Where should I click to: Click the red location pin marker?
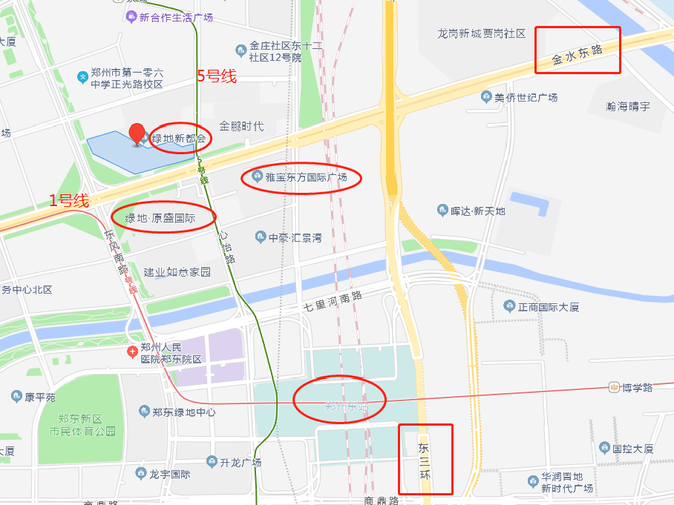point(137,134)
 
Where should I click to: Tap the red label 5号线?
point(217,76)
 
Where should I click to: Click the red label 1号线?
point(69,199)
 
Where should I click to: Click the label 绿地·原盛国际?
point(160,218)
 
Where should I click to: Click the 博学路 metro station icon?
point(614,386)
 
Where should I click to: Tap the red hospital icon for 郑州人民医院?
point(132,350)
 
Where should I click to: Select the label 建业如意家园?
point(177,272)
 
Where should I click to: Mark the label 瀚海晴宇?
point(627,106)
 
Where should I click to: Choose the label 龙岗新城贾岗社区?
point(482,33)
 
